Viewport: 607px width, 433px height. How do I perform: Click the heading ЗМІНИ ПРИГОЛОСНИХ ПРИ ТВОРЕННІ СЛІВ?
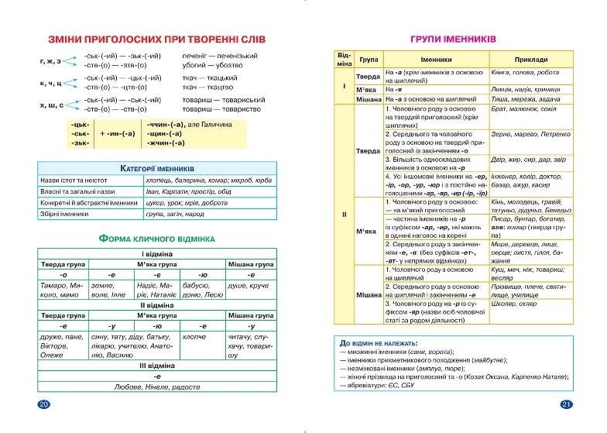[x=156, y=40]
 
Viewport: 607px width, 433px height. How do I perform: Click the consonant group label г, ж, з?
[x=49, y=60]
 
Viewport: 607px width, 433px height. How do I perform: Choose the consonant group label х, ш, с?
[x=49, y=105]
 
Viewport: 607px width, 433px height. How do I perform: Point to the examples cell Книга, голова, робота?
[x=525, y=72]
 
